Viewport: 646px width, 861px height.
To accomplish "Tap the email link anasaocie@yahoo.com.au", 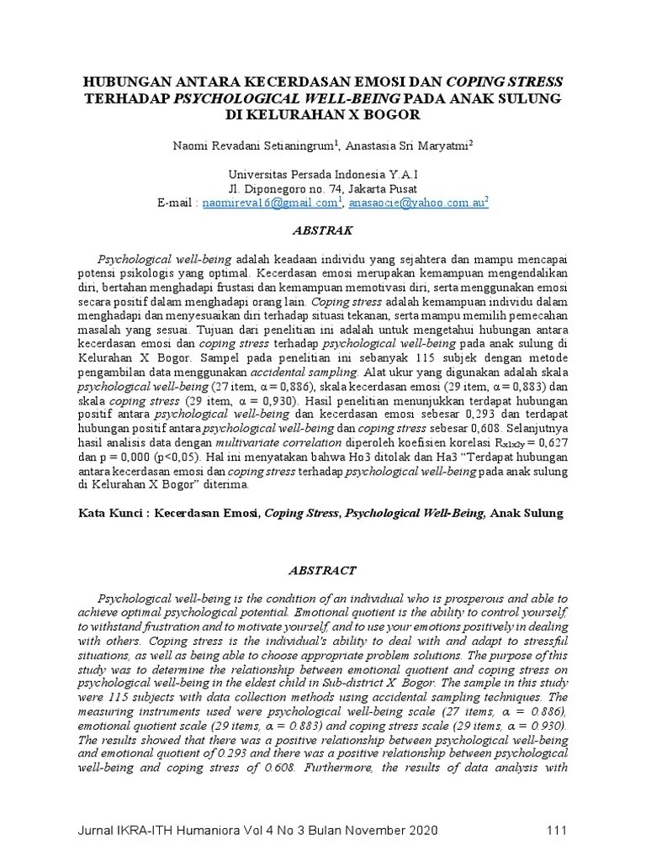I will point(417,203).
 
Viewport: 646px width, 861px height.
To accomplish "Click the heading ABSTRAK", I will point(324,230).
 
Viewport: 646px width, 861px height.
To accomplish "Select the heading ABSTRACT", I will point(324,570).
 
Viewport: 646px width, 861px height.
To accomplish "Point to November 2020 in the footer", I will point(385,832).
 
